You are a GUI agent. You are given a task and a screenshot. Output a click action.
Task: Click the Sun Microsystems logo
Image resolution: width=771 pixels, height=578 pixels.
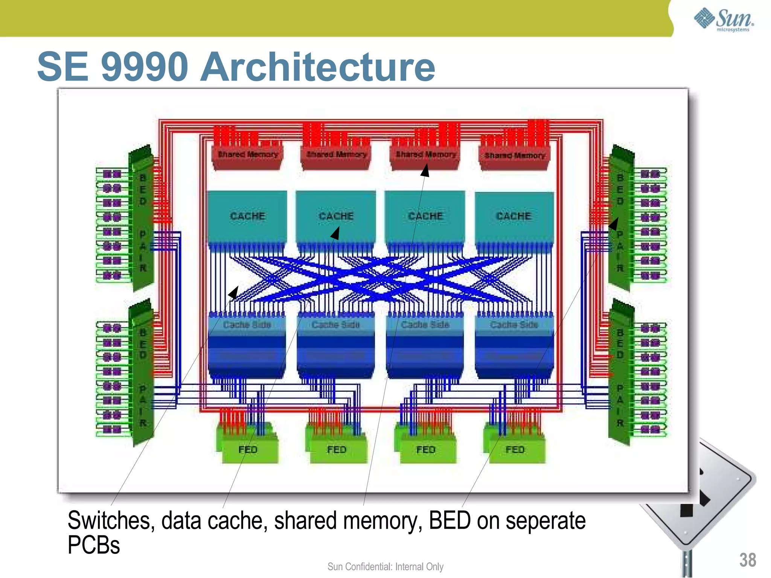[x=723, y=20]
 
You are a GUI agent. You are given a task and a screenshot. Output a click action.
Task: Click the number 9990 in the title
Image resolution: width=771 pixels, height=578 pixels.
[x=145, y=67]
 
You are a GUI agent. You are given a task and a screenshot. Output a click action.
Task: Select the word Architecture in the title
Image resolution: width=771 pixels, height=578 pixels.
[x=317, y=67]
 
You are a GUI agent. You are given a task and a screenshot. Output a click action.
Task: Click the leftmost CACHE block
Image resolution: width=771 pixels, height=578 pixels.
[x=247, y=216]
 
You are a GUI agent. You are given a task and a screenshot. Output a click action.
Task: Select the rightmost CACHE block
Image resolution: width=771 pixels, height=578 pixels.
[x=514, y=216]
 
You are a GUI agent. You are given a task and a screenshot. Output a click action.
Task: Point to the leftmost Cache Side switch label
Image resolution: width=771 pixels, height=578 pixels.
[x=247, y=324]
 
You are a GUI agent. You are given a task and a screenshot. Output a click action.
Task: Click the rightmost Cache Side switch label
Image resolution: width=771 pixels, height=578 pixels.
[x=514, y=324]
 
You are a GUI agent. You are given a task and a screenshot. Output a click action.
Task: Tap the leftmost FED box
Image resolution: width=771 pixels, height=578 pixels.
[x=248, y=449]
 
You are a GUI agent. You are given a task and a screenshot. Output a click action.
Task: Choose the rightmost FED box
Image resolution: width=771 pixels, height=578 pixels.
[x=515, y=449]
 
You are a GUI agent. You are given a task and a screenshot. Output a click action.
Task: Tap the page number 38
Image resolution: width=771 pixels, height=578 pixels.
[x=747, y=560]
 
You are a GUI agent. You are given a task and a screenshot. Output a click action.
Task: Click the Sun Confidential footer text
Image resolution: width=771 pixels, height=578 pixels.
[x=385, y=566]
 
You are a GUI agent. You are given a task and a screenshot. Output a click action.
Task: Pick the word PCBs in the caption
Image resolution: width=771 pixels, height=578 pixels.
[x=94, y=545]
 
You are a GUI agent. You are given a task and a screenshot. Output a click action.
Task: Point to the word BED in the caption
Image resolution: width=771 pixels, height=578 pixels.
[x=449, y=521]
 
